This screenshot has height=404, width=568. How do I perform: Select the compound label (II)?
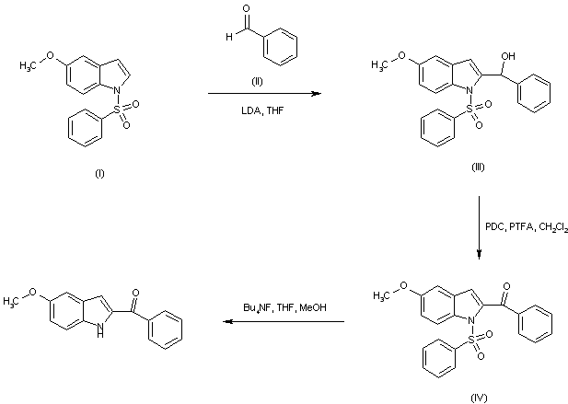[259, 82]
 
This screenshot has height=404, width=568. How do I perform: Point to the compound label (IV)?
[477, 396]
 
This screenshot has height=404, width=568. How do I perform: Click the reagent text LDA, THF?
[258, 111]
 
